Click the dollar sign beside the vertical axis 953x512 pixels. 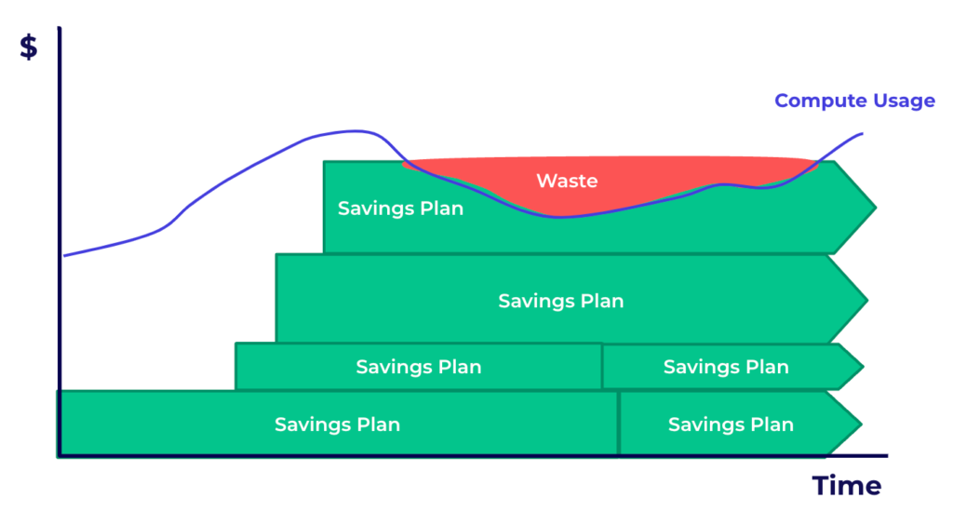[29, 47]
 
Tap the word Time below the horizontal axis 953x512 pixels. [847, 486]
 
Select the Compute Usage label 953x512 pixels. [854, 101]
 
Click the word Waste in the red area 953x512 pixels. [567, 181]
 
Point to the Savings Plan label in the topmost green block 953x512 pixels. [400, 209]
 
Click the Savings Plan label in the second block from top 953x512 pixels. [561, 301]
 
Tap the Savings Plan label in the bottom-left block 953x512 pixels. [337, 424]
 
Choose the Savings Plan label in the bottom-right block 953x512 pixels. [731, 424]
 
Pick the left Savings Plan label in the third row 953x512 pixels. [419, 367]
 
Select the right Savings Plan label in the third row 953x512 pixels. [726, 367]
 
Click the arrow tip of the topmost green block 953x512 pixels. [876, 208]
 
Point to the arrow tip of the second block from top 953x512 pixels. [867, 300]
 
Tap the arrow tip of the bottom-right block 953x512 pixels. [862, 424]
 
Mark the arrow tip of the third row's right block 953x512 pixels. [863, 367]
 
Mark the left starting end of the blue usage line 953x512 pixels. [64, 255]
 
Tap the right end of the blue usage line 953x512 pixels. [862, 134]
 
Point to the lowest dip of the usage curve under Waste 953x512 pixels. [560, 217]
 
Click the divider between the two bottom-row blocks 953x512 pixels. [619, 424]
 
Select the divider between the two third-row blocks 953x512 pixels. [602, 367]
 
